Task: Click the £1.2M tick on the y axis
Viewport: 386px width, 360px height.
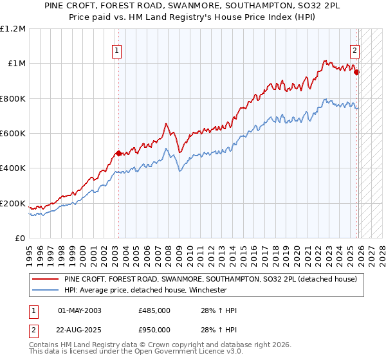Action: (13, 29)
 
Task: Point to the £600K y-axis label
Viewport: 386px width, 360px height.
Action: (13, 134)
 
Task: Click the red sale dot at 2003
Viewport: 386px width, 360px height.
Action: (118, 154)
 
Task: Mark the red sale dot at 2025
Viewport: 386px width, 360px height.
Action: (357, 73)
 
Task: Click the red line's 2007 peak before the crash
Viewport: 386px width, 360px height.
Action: (166, 123)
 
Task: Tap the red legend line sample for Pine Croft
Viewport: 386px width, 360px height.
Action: (46, 280)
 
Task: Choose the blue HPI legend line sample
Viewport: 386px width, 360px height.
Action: (46, 290)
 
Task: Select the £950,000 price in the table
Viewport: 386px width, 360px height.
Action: (154, 330)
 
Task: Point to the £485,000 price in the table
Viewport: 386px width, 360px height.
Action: (154, 310)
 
